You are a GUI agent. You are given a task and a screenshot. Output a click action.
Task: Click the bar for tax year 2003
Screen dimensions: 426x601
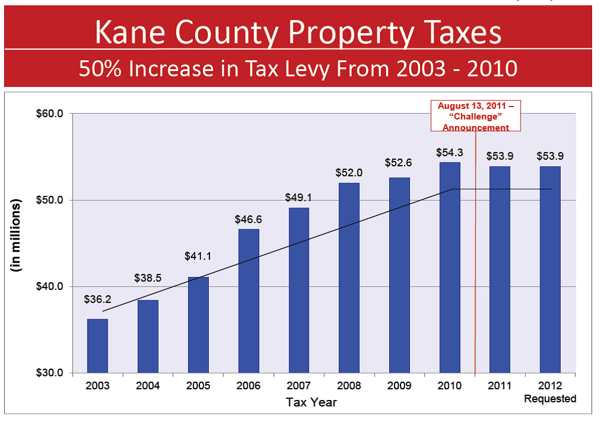click(x=98, y=346)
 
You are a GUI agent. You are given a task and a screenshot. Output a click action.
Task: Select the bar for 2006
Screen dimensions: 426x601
click(x=248, y=301)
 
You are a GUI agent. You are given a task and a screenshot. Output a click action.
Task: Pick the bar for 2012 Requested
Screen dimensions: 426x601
click(x=550, y=269)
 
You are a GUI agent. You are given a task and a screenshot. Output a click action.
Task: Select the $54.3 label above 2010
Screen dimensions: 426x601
click(x=450, y=153)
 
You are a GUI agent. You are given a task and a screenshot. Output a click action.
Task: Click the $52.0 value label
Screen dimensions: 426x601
click(x=349, y=173)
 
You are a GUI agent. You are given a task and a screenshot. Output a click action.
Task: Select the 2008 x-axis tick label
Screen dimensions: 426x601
click(x=349, y=386)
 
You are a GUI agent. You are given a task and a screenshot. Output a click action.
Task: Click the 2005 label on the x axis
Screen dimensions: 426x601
click(x=198, y=386)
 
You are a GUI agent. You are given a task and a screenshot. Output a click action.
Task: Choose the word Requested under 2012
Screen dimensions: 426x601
click(x=550, y=399)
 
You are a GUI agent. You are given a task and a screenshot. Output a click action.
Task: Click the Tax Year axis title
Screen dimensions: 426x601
click(x=312, y=402)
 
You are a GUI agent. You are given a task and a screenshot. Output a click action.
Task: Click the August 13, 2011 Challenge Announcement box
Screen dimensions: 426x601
click(x=476, y=116)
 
